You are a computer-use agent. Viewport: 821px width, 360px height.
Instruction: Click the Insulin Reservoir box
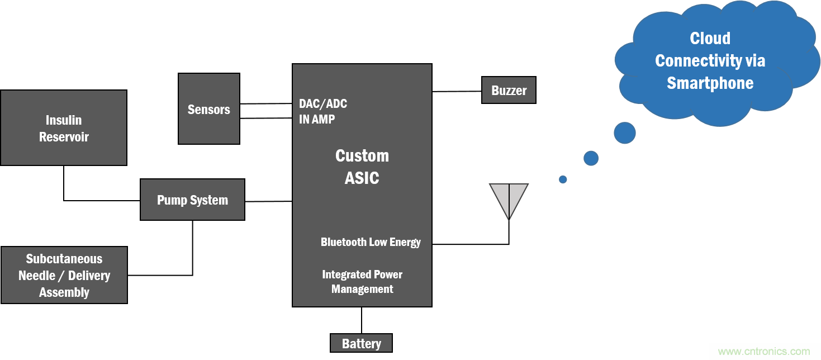[64, 128]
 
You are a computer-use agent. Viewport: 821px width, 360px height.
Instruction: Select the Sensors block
[208, 109]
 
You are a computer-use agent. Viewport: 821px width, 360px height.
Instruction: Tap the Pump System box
[192, 200]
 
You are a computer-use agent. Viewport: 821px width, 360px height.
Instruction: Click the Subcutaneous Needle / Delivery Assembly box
[64, 275]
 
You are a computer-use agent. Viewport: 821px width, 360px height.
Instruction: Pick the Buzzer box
[509, 90]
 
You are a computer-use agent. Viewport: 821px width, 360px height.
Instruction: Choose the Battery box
[361, 343]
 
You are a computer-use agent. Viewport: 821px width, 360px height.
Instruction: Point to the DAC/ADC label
[323, 103]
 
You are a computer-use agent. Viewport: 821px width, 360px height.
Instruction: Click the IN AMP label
[317, 119]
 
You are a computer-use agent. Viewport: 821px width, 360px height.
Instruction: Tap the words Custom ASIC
[362, 167]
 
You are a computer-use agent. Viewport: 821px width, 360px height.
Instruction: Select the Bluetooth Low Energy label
[371, 242]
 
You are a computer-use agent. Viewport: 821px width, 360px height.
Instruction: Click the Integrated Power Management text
[362, 282]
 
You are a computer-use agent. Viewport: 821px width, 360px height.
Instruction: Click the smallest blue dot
[563, 179]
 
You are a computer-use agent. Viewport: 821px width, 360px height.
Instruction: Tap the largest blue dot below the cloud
[625, 133]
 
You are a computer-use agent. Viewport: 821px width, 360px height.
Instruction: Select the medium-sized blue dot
[591, 158]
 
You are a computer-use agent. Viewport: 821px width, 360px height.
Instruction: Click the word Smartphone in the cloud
[710, 83]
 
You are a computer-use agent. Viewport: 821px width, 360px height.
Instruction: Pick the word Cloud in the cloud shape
[710, 38]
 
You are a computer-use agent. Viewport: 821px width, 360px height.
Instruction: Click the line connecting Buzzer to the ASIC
[457, 91]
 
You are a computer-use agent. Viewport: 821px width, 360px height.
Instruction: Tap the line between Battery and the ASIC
[362, 320]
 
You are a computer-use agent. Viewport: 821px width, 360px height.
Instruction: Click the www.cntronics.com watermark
[763, 352]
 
